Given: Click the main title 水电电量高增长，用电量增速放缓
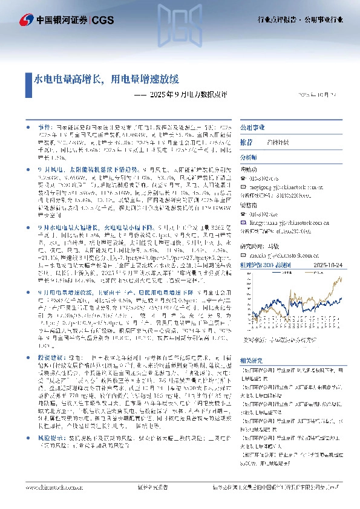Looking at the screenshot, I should (x=106, y=79).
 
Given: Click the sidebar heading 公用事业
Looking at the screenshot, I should (x=250, y=129).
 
